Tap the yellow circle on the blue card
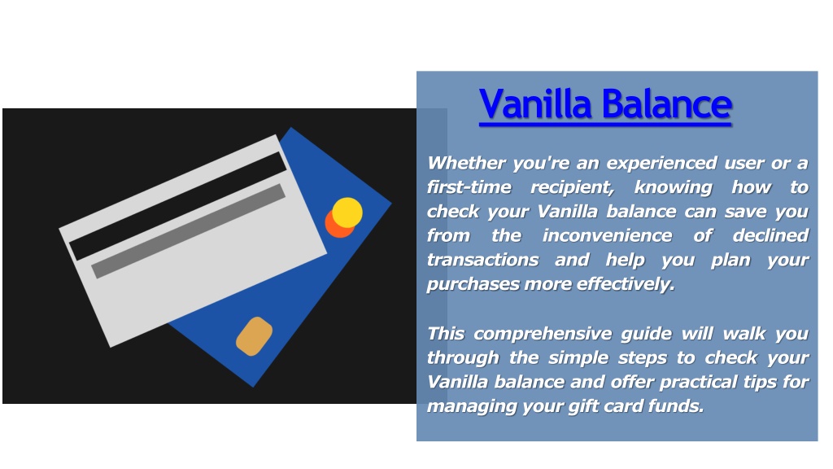tap(347, 213)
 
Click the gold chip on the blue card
tap(254, 336)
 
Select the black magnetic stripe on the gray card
tap(178, 206)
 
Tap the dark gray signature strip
tap(189, 230)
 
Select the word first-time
tap(469, 187)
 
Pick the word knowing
tap(673, 188)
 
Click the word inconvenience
tap(607, 235)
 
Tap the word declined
tap(770, 235)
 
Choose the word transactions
tap(483, 260)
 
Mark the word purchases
tap(473, 285)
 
